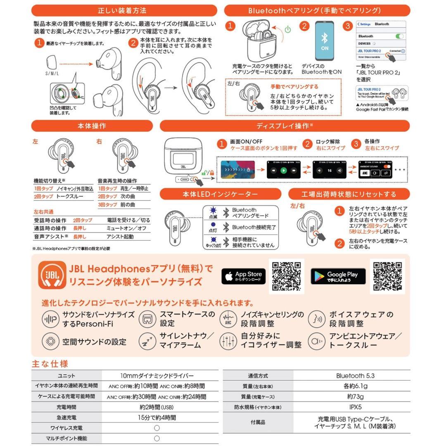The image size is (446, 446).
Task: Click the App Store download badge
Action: pyautogui.click(x=243, y=276)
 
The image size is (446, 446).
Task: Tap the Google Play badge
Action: pyautogui.click(x=338, y=276)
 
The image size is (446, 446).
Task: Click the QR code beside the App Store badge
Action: pyautogui.click(x=286, y=276)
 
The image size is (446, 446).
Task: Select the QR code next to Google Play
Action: pyautogui.click(x=387, y=276)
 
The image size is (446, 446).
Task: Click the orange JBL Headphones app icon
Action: pyautogui.click(x=52, y=275)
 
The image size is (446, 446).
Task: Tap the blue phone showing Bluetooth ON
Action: pyautogui.click(x=324, y=41)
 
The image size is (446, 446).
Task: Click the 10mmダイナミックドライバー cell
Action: pyautogui.click(x=157, y=376)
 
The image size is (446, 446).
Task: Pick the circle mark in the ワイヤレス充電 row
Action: pyautogui.click(x=157, y=428)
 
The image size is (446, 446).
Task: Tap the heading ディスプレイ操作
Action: pyautogui.click(x=285, y=126)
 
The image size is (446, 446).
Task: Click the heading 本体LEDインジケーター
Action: pyautogui.click(x=220, y=194)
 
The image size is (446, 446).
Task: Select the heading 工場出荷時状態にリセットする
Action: pyautogui.click(x=349, y=194)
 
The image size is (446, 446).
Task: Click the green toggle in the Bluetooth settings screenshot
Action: pyautogui.click(x=399, y=36)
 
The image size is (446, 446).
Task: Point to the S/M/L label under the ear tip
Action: pyautogui.click(x=52, y=73)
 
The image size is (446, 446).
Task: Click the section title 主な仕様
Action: pyautogui.click(x=50, y=364)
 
